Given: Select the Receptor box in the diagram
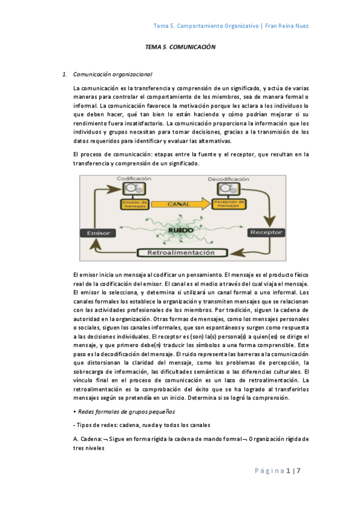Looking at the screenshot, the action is (266, 232).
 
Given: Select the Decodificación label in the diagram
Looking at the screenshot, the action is (229, 179).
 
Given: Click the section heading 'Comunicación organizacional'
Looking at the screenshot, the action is (112, 75).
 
